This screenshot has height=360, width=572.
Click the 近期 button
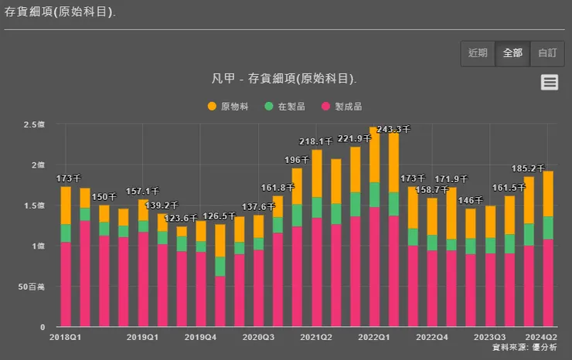(x=478, y=53)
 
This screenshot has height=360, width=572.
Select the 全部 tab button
(x=512, y=53)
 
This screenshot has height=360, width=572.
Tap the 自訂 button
(x=546, y=53)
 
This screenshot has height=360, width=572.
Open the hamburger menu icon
(x=550, y=83)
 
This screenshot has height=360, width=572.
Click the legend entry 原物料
(x=228, y=106)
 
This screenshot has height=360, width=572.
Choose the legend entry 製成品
(x=342, y=106)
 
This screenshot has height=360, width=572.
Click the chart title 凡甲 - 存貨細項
(x=284, y=79)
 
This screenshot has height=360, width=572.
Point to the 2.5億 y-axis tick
(x=35, y=124)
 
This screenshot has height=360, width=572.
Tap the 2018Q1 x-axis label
(x=66, y=338)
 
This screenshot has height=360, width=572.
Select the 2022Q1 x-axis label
(x=374, y=338)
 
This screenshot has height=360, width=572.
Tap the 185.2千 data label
(x=529, y=168)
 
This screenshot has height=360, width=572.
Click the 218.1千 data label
(x=316, y=141)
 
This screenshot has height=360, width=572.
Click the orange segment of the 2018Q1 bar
(x=66, y=205)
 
